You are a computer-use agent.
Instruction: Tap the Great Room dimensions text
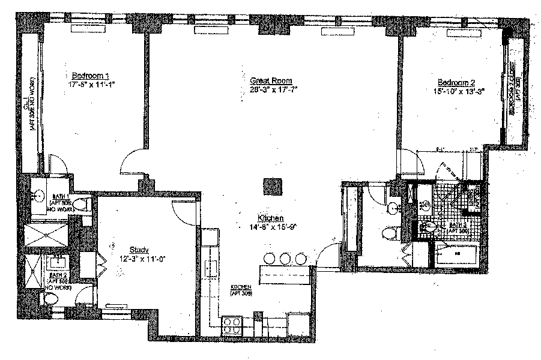pos(273,89)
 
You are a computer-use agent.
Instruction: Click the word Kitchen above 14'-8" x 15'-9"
pos(271,218)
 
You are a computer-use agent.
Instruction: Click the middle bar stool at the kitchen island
pos(285,259)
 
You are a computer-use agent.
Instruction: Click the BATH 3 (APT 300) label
pos(461,228)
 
